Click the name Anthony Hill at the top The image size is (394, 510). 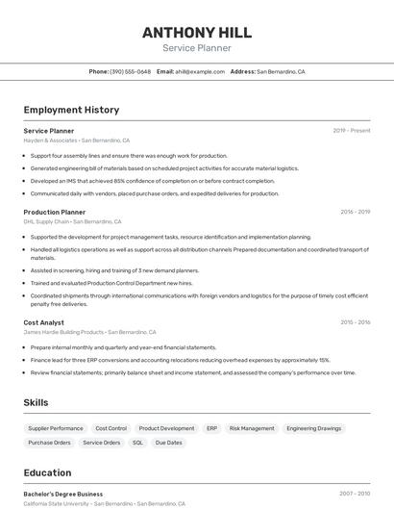click(x=196, y=32)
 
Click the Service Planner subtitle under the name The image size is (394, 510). click(x=196, y=48)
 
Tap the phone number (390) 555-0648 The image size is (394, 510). click(x=131, y=72)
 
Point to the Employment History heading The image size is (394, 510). click(x=71, y=110)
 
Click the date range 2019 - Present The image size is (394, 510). click(x=351, y=131)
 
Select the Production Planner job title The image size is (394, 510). click(x=54, y=212)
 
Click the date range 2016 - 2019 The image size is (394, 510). click(x=355, y=212)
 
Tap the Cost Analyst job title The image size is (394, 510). click(x=43, y=322)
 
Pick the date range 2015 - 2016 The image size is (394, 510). click(x=355, y=322)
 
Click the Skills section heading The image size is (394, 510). click(x=36, y=402)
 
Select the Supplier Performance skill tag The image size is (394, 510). click(x=56, y=428)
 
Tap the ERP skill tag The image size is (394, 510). click(x=211, y=428)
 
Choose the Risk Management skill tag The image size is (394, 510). click(x=252, y=428)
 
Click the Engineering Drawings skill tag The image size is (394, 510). click(x=313, y=428)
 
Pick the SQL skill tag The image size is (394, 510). click(x=137, y=443)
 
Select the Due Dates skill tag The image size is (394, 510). click(x=168, y=443)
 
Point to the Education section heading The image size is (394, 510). click(x=47, y=472)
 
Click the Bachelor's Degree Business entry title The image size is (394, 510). click(x=62, y=494)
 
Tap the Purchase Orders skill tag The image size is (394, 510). click(x=49, y=443)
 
